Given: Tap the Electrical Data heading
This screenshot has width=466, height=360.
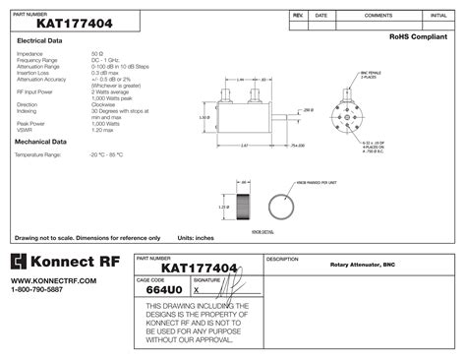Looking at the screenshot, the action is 39,40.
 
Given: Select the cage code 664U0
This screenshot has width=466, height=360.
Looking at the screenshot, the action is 162,291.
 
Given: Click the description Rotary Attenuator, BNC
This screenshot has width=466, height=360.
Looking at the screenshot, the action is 362,266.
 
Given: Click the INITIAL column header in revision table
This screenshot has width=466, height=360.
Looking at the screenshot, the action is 437,16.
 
